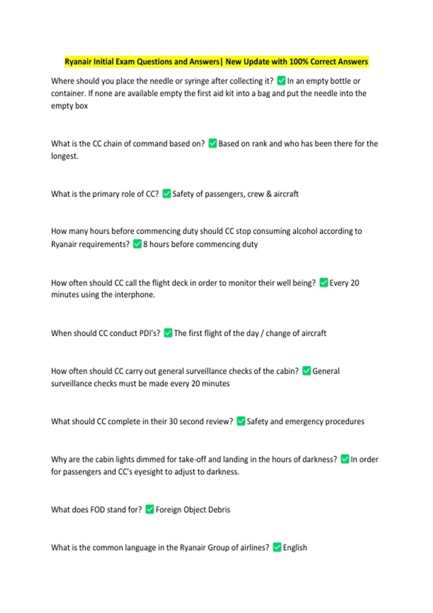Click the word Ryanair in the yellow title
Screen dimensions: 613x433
point(78,62)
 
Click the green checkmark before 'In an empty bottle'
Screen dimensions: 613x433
point(281,81)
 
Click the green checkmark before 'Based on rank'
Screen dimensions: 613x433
point(213,144)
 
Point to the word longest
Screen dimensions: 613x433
point(64,156)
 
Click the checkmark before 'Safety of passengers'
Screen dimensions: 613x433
point(167,194)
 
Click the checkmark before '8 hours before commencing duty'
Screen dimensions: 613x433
point(137,244)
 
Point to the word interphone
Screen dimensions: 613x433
point(135,295)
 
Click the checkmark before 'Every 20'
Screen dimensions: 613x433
point(324,282)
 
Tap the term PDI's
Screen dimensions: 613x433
point(148,333)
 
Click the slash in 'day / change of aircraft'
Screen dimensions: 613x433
point(262,334)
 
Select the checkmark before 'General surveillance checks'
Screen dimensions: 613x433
point(307,371)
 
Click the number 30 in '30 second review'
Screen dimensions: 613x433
point(173,422)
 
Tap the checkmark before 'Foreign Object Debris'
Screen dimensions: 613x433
point(150,509)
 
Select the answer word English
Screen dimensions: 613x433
point(295,547)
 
